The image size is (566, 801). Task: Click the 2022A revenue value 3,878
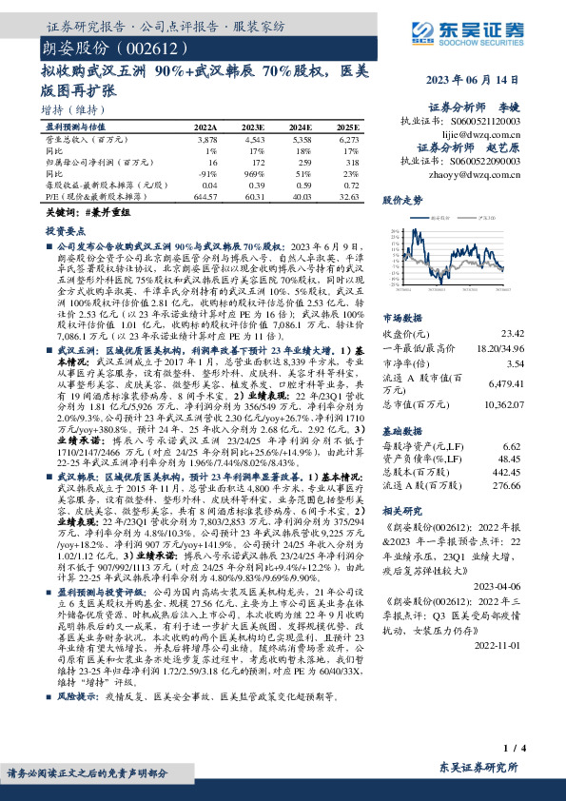click(x=206, y=139)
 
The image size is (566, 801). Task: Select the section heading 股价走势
click(x=401, y=202)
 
